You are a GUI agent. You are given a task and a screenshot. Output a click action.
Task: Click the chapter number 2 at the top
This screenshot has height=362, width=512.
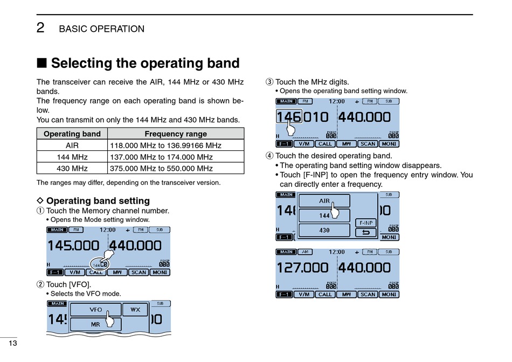tap(41, 28)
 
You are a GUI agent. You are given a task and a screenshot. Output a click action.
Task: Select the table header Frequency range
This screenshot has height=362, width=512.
tap(176, 134)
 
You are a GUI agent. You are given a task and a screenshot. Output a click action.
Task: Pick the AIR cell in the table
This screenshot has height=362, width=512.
tap(72, 145)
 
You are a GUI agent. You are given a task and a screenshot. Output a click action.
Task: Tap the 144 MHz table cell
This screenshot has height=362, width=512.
tap(72, 157)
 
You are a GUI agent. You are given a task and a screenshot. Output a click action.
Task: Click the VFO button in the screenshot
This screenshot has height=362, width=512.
tap(95, 310)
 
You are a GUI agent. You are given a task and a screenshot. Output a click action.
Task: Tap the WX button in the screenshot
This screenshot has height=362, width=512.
tap(135, 310)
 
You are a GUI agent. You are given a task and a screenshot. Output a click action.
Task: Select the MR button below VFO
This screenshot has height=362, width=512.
tap(95, 324)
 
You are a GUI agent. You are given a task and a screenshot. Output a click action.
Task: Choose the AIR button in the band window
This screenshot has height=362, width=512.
tap(324, 201)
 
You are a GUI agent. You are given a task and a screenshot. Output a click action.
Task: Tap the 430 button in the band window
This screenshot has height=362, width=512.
tap(324, 230)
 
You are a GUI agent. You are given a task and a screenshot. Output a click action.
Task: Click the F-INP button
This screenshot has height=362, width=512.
tap(366, 222)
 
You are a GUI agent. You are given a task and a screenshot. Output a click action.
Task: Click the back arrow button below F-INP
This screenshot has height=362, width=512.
tap(366, 233)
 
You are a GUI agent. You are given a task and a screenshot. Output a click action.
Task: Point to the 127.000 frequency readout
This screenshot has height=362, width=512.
tap(302, 268)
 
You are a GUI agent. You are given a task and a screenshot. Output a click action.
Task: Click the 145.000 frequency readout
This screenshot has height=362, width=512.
tap(73, 246)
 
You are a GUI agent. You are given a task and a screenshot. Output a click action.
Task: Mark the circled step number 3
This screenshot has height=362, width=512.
tap(269, 82)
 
